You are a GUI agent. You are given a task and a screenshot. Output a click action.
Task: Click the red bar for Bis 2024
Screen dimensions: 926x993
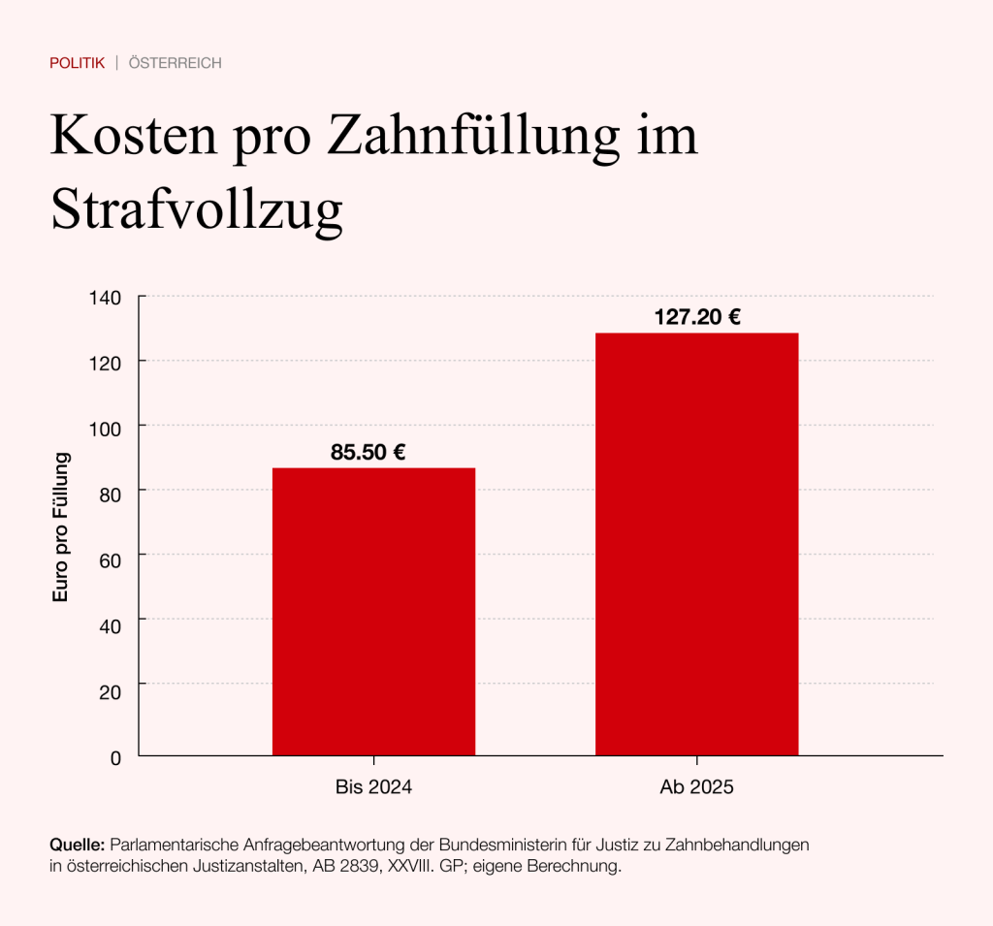coord(373,611)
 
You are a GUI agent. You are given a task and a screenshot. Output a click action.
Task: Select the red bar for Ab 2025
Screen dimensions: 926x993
coord(696,544)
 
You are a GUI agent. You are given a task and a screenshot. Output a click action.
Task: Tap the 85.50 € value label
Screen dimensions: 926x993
coord(368,451)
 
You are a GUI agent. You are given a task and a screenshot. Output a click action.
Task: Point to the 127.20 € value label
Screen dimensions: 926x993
coord(697,316)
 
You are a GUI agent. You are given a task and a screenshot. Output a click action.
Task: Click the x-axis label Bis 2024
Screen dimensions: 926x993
coord(373,787)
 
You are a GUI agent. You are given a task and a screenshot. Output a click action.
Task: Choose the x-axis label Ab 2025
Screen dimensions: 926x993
coord(696,787)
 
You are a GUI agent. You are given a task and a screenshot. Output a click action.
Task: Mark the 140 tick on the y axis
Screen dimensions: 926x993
coord(106,298)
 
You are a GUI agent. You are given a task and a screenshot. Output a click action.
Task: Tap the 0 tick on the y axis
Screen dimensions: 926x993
coord(115,757)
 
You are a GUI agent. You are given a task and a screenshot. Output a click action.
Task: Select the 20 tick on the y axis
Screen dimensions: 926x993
coord(110,691)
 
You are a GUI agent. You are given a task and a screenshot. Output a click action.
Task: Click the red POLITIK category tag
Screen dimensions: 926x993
coord(77,63)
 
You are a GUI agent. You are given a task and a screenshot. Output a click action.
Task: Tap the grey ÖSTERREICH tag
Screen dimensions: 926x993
coord(176,63)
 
